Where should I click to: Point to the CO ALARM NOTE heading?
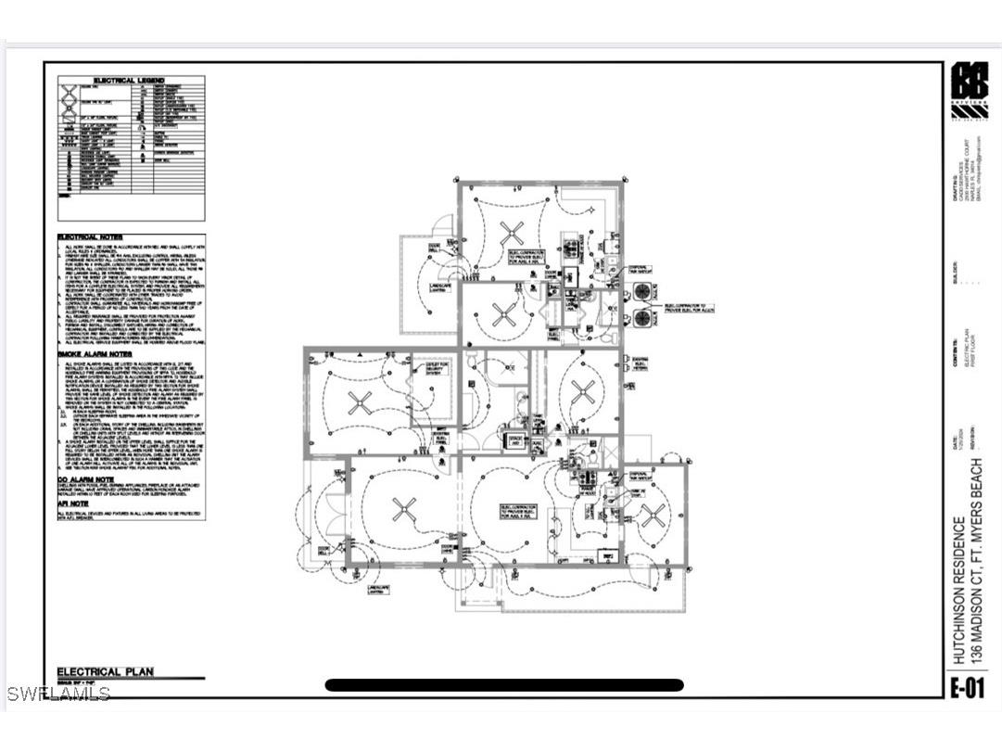point(85,479)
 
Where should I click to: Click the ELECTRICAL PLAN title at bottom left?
point(106,672)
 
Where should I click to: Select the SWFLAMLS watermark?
point(57,694)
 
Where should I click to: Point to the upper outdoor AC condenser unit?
point(642,291)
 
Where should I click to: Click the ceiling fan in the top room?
point(510,231)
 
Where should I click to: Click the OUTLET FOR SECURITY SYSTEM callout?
point(438,370)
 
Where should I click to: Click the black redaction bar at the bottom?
point(504,685)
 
